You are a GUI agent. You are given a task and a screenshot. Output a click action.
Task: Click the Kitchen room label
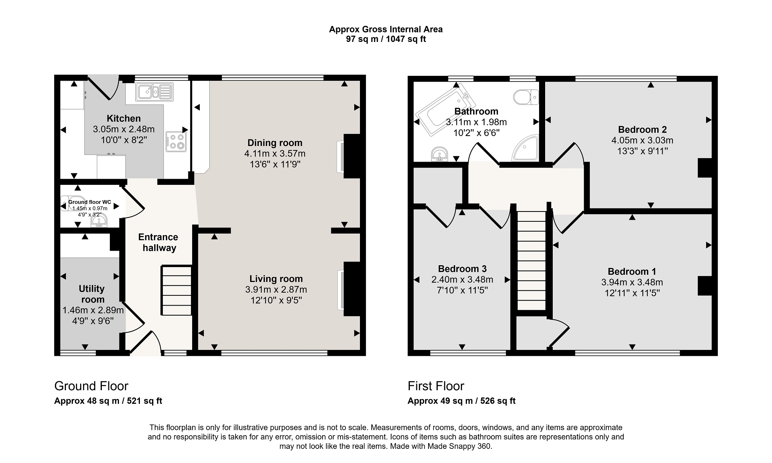pos(124,119)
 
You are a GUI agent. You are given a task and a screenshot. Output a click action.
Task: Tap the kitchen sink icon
pos(154,92)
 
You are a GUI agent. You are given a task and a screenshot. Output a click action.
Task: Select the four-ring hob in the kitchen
pos(176,141)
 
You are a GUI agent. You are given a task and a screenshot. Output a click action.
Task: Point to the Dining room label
pos(275,143)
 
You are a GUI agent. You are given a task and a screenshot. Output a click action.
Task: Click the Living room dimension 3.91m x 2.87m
pos(276,290)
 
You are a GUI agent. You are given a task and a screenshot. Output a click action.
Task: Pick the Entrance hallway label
pos(158,242)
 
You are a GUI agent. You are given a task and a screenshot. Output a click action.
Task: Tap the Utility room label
pos(91,294)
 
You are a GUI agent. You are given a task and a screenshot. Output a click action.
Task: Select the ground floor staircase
pos(177,290)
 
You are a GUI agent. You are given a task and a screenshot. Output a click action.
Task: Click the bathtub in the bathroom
pos(445,109)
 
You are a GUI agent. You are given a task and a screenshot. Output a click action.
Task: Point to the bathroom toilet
pos(526,97)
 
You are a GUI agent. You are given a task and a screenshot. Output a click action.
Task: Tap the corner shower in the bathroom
pos(525,147)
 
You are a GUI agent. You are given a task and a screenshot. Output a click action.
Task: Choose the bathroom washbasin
pos(440,155)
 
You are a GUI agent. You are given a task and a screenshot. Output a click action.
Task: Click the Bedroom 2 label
pos(642,130)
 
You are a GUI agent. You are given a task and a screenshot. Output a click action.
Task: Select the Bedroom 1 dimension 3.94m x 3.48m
pos(632,282)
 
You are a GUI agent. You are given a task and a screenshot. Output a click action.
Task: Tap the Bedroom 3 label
pos(462,269)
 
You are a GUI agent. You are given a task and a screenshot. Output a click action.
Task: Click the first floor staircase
pos(531,261)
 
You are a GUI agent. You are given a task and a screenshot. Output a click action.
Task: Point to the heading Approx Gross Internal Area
pos(386,29)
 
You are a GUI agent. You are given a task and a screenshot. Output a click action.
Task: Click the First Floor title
pos(436,386)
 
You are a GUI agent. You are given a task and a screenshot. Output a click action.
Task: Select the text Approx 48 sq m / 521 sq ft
pos(108,401)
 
